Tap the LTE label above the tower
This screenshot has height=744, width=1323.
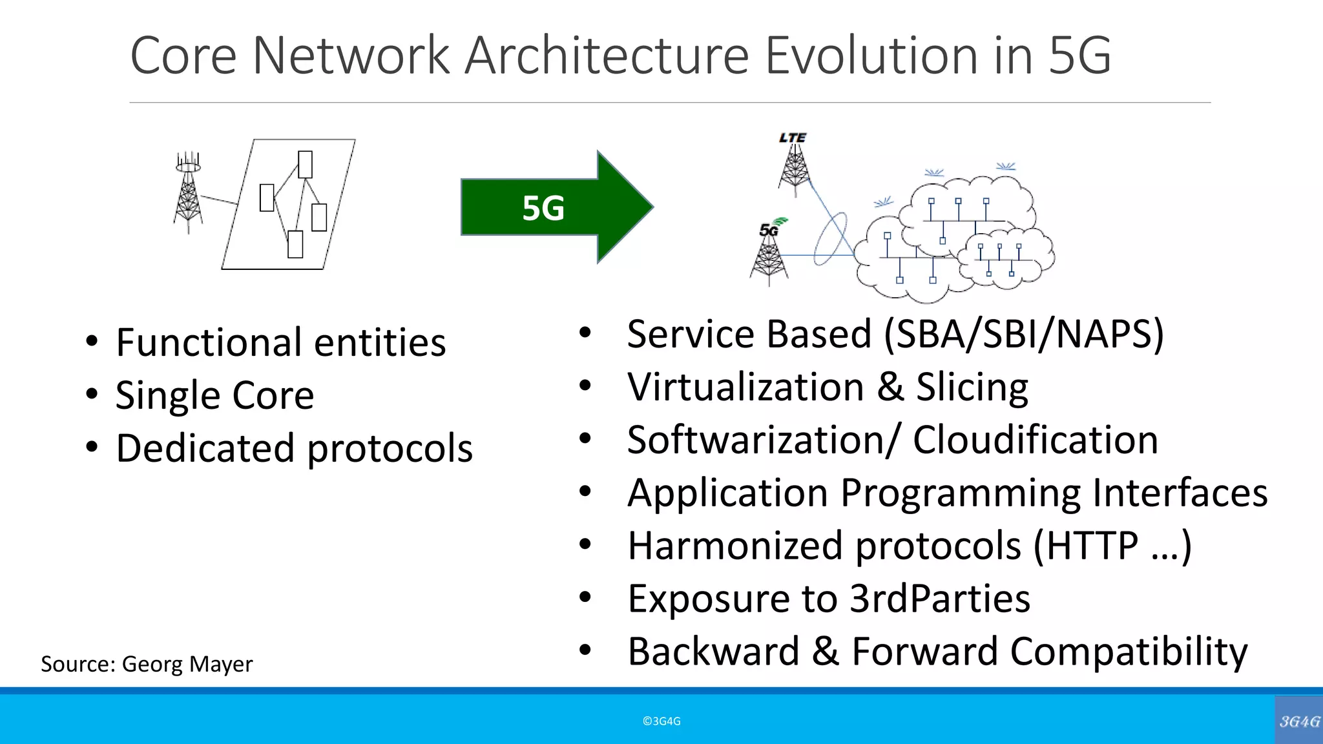793,138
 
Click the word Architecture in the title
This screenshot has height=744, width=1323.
606,56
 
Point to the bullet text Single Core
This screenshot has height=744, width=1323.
214,395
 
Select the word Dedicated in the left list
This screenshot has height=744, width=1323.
205,448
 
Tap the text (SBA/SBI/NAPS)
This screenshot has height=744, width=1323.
1023,335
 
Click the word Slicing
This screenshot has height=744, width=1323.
972,387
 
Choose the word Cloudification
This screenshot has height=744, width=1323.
1035,440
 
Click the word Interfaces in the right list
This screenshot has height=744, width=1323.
1180,493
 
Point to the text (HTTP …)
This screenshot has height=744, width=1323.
1112,546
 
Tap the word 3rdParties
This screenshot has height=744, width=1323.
939,599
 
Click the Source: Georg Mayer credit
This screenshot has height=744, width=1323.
147,664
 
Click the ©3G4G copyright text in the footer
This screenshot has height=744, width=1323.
661,721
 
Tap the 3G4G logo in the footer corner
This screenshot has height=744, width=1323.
1298,721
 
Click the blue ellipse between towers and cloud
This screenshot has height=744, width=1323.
831,239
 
